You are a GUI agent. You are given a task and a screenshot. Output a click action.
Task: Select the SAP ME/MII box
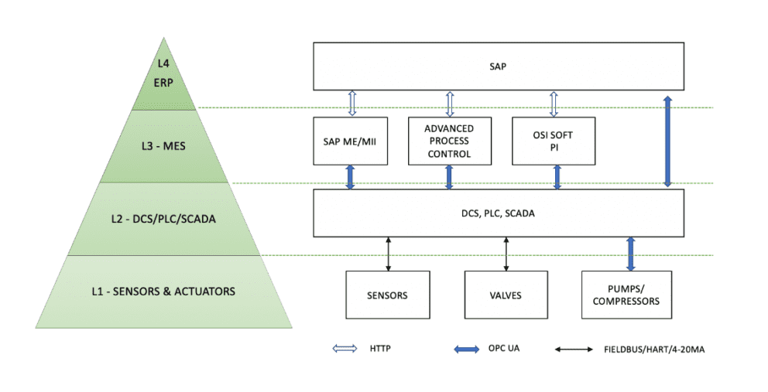pos(351,141)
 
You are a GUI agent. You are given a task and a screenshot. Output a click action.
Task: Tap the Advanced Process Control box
pos(450,141)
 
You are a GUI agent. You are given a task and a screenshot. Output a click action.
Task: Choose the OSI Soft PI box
pos(554,141)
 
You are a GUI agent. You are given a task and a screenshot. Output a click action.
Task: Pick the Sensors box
pos(387,295)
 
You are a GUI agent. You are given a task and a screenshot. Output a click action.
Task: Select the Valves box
pos(506,295)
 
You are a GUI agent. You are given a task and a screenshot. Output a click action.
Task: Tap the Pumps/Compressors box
pos(626,295)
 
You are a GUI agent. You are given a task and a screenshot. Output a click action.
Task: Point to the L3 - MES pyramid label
pos(163,147)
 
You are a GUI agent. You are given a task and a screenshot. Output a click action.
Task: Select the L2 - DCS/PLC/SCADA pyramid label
pos(163,219)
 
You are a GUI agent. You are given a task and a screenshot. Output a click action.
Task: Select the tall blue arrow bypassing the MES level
pos(668,141)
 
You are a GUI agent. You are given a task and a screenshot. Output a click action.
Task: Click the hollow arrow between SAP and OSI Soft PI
pos(554,104)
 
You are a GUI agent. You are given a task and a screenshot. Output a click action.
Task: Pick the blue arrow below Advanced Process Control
pos(449,177)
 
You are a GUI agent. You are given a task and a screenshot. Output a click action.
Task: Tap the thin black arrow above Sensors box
pos(387,253)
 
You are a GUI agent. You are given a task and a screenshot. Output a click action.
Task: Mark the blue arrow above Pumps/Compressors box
pos(630,253)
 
